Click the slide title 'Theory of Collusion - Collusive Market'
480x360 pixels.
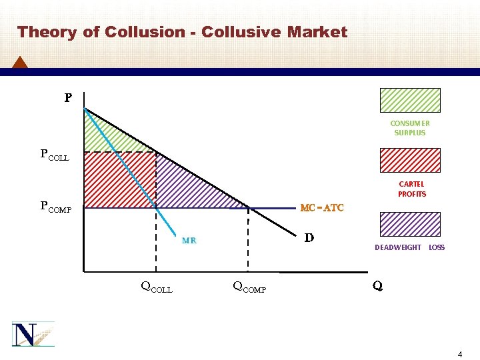[x=182, y=32]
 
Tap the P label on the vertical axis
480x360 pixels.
[x=67, y=99]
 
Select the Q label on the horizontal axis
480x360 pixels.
[x=377, y=287]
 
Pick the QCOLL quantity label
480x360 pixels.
[x=156, y=288]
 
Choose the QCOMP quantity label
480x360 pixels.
[x=249, y=288]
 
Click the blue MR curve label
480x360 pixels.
[x=189, y=241]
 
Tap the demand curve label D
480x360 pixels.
[x=309, y=237]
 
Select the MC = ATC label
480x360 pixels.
[x=322, y=208]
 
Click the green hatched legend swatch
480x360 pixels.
[x=409, y=100]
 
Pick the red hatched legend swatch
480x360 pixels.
[x=409, y=160]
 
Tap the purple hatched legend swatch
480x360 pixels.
[x=409, y=224]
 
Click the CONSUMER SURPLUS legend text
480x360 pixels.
[x=410, y=128]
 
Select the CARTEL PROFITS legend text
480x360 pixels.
[x=411, y=189]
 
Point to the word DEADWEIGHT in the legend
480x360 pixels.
[x=398, y=247]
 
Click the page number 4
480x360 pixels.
[x=460, y=354]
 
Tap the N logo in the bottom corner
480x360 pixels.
[x=31, y=333]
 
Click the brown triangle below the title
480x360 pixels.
[x=20, y=62]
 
